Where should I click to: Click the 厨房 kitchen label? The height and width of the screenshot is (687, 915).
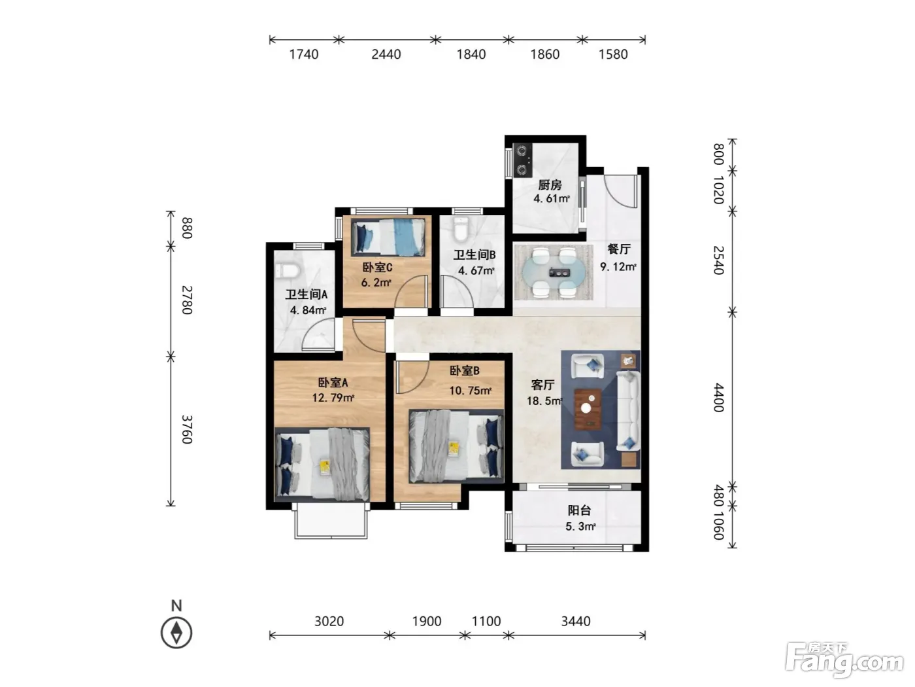(550, 185)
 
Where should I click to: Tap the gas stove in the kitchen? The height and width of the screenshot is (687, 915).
(522, 160)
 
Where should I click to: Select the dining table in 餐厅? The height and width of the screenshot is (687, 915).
(554, 272)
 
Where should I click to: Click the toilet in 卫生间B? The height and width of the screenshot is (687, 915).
(461, 228)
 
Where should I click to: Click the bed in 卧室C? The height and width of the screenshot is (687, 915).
(388, 238)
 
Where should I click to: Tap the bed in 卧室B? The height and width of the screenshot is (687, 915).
(456, 446)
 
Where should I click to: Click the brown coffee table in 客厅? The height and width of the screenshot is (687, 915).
(588, 409)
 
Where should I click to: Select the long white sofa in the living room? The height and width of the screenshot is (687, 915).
(628, 412)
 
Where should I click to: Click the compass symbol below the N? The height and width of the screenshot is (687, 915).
(176, 633)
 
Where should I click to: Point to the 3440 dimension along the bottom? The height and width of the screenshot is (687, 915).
(576, 621)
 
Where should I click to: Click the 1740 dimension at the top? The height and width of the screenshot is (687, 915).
(304, 54)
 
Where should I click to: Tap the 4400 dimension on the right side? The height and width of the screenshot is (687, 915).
(719, 398)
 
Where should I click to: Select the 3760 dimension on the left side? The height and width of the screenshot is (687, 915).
(187, 429)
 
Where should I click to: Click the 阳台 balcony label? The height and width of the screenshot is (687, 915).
(580, 510)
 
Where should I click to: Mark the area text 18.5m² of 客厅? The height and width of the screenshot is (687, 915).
(544, 401)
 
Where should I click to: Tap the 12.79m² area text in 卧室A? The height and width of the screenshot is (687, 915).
(333, 398)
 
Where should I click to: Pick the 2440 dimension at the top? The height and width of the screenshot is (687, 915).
(386, 54)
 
